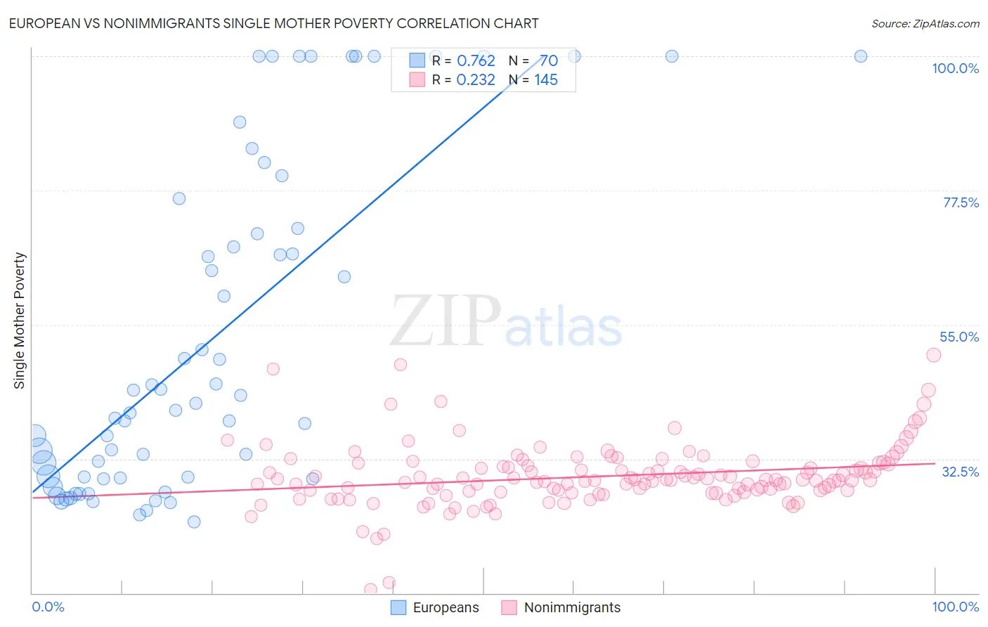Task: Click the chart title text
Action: [x=273, y=23]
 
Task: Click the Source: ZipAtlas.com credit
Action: [x=925, y=23]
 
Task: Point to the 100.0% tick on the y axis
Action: [x=955, y=68]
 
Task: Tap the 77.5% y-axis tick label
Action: [x=961, y=202]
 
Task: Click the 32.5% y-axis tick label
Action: [x=960, y=472]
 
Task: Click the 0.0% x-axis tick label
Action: [x=48, y=607]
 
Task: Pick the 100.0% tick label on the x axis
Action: [x=955, y=607]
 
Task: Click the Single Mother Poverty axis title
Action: [x=20, y=321]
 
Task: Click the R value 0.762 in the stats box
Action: [x=476, y=61]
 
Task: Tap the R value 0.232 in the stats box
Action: [x=476, y=80]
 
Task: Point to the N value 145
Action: [x=546, y=80]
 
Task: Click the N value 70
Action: [x=549, y=61]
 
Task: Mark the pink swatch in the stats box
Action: [x=417, y=80]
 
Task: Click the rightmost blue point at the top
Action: [x=860, y=56]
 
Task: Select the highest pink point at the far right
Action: [x=933, y=355]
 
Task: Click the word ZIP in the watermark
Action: [x=445, y=322]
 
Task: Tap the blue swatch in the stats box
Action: [x=417, y=61]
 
